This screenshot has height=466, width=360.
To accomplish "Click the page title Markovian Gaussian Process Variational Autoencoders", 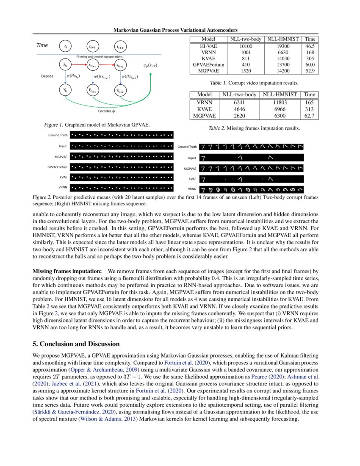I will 176,30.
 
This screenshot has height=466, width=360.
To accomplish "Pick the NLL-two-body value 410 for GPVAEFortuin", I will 246,64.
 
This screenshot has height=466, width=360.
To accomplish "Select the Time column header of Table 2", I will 310,94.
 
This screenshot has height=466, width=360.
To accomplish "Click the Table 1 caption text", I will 254,83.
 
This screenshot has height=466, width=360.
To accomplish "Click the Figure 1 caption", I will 97,125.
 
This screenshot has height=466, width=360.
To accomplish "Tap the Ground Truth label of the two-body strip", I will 58,135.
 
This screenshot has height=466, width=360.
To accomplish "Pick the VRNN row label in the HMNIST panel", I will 192,189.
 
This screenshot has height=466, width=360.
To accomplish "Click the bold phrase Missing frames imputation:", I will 67,270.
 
